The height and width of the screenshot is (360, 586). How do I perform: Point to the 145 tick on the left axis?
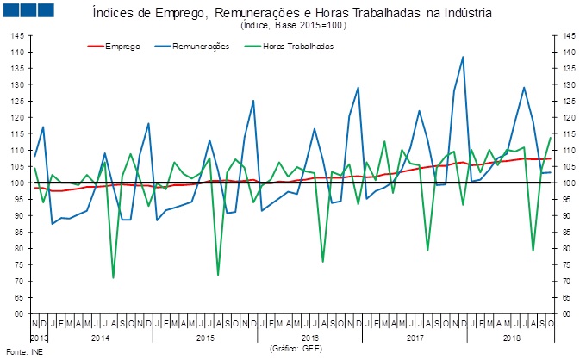click(x=17, y=36)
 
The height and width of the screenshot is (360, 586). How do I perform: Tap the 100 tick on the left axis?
click(x=17, y=183)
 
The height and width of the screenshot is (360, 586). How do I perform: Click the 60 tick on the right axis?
click(x=569, y=313)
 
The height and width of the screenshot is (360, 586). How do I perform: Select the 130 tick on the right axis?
click(x=569, y=85)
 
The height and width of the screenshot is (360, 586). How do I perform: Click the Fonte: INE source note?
click(x=23, y=351)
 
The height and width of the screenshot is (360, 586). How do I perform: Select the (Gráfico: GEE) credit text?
click(x=296, y=348)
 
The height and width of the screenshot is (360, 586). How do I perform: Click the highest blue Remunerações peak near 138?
click(x=463, y=58)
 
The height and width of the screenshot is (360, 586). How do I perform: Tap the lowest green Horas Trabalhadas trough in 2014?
click(x=113, y=277)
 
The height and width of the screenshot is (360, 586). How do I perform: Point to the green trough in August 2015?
click(x=218, y=275)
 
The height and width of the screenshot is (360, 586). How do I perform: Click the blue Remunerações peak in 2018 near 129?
click(x=524, y=88)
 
